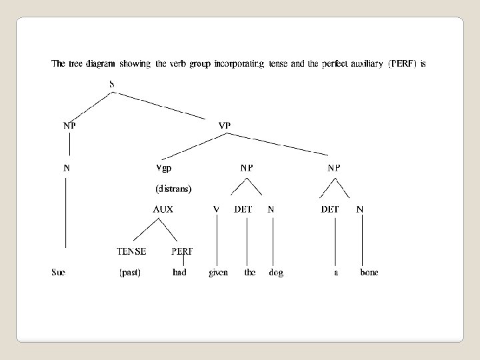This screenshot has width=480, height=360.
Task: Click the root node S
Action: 111,83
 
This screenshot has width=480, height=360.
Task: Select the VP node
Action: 225,125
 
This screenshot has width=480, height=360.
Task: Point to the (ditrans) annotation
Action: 173,189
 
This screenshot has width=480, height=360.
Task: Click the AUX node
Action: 163,209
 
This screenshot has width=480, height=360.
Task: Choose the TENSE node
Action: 131,251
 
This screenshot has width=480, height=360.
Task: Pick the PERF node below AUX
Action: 182,251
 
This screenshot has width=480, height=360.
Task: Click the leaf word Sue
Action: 59,272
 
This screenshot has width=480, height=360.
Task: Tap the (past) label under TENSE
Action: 129,273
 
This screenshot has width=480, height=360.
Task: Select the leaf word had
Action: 179,272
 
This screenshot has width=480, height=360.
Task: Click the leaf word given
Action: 218,272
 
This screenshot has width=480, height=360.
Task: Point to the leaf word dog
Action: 275,272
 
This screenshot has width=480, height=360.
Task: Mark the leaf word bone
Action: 369,272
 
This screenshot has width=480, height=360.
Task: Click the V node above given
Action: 216,209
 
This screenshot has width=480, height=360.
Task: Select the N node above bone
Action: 360,209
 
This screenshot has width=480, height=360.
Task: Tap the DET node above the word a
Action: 330,209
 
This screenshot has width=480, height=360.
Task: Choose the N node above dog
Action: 271,209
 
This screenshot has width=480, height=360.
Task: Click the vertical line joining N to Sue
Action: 66,213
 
